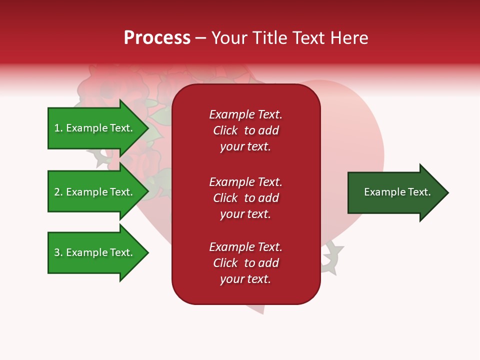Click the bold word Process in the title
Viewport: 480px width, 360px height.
pos(157,38)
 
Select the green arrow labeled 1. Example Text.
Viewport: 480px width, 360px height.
pos(95,128)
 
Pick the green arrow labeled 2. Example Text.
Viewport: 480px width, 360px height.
pos(95,192)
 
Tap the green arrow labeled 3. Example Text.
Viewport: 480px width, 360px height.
pos(95,252)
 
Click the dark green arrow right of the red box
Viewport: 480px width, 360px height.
pos(395,192)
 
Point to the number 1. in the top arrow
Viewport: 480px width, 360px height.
pos(58,128)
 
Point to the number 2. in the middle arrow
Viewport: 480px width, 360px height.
pos(58,192)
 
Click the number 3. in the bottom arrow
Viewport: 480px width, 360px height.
pos(58,252)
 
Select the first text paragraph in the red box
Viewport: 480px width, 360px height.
pos(245,130)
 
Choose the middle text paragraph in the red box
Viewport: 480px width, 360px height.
pos(245,198)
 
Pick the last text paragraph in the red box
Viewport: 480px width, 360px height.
pos(245,263)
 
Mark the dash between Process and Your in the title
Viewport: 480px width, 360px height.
pos(200,38)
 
